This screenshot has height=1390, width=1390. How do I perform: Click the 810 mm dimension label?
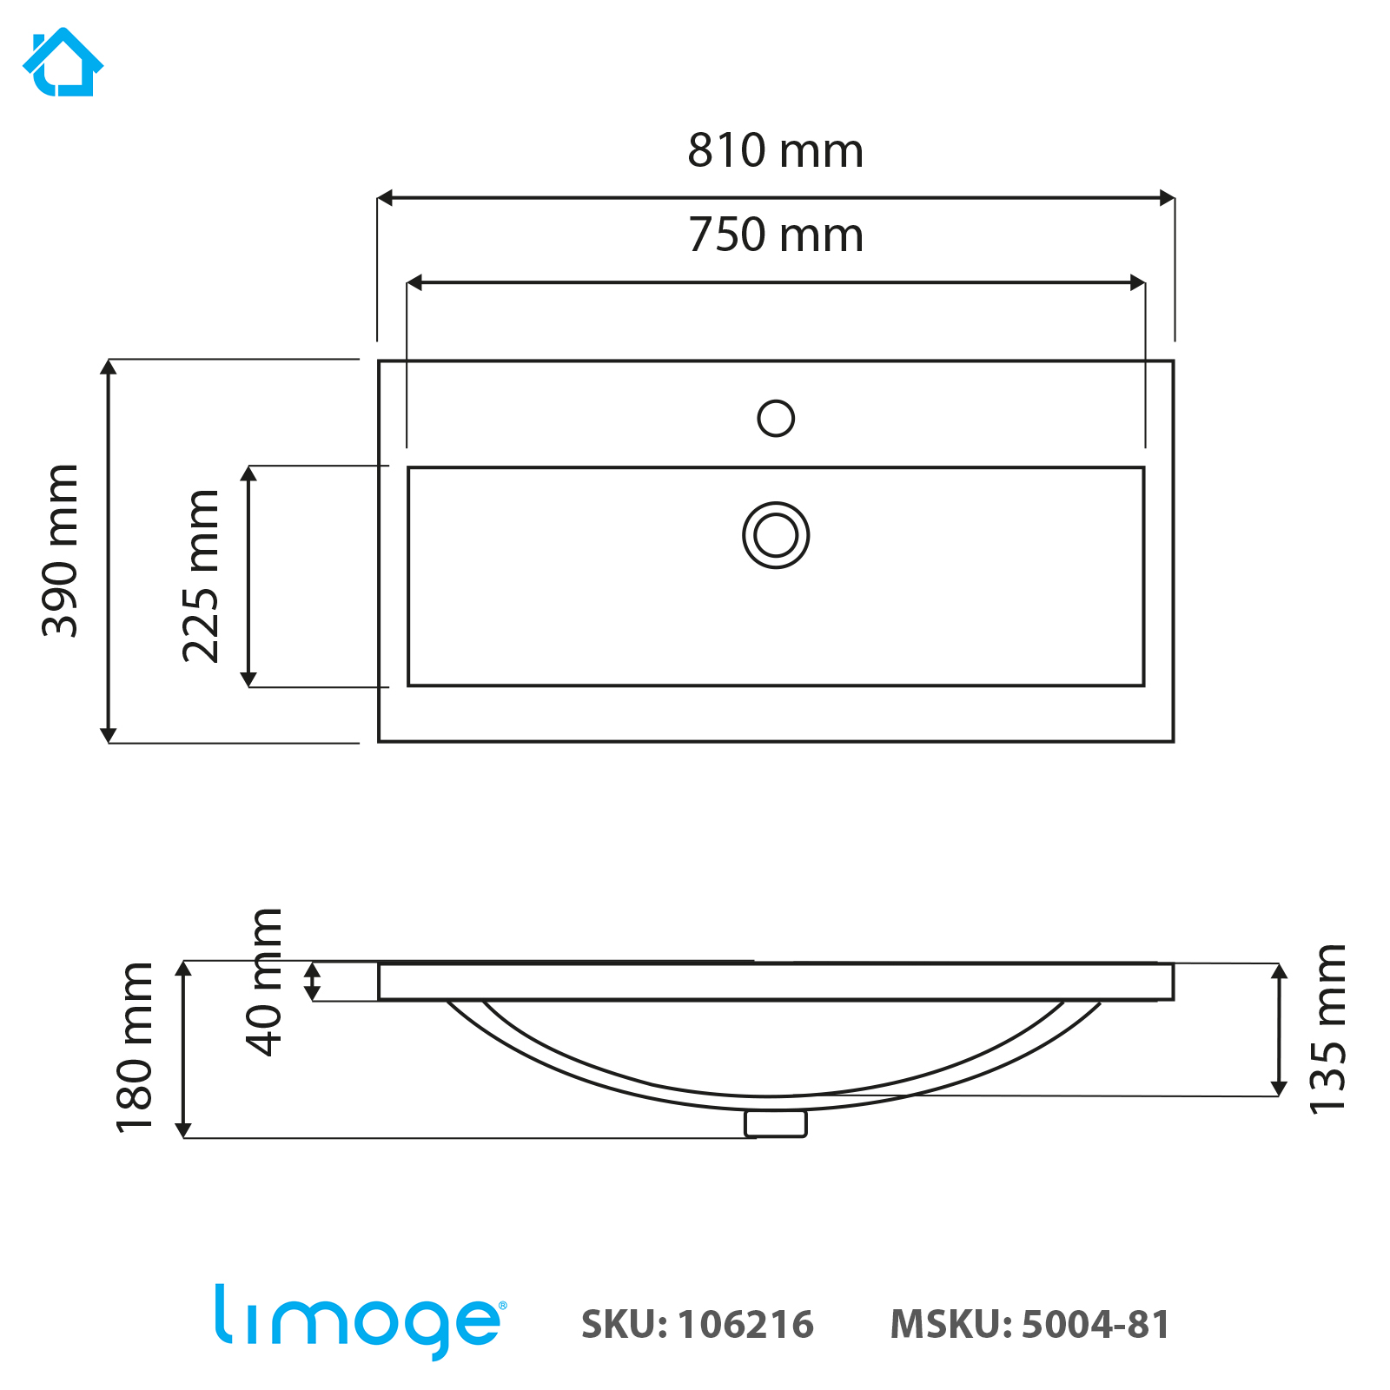[775, 150]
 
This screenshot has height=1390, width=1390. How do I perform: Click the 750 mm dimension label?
[775, 235]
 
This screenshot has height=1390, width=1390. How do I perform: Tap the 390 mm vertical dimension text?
[61, 551]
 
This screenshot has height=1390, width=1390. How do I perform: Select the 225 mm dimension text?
[201, 576]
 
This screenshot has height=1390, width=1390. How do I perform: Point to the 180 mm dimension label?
[135, 1048]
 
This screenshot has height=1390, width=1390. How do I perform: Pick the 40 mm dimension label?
[264, 982]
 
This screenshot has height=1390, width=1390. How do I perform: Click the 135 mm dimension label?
[1327, 1029]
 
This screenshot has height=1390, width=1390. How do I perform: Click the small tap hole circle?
[776, 418]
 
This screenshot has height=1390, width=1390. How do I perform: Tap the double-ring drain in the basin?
[776, 535]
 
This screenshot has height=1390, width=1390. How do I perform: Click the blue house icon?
[63, 63]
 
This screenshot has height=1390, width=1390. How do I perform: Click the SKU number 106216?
[745, 1325]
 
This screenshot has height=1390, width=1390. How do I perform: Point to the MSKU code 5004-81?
[1095, 1325]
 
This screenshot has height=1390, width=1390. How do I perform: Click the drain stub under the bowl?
[776, 1123]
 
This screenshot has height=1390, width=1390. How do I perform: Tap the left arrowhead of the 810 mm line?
[385, 198]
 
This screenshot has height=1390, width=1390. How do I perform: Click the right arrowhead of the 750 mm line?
[1137, 282]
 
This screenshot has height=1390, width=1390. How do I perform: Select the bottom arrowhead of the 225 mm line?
[248, 678]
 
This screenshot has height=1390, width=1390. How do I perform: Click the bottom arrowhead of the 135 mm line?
[1279, 1088]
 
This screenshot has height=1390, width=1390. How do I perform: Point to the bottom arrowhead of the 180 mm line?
[183, 1129]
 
